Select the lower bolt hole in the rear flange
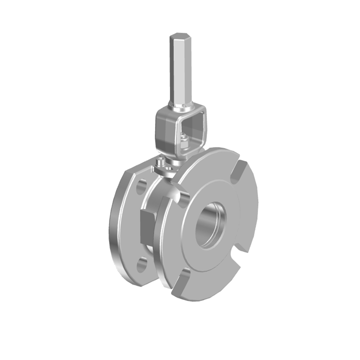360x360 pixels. tap(142, 265)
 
